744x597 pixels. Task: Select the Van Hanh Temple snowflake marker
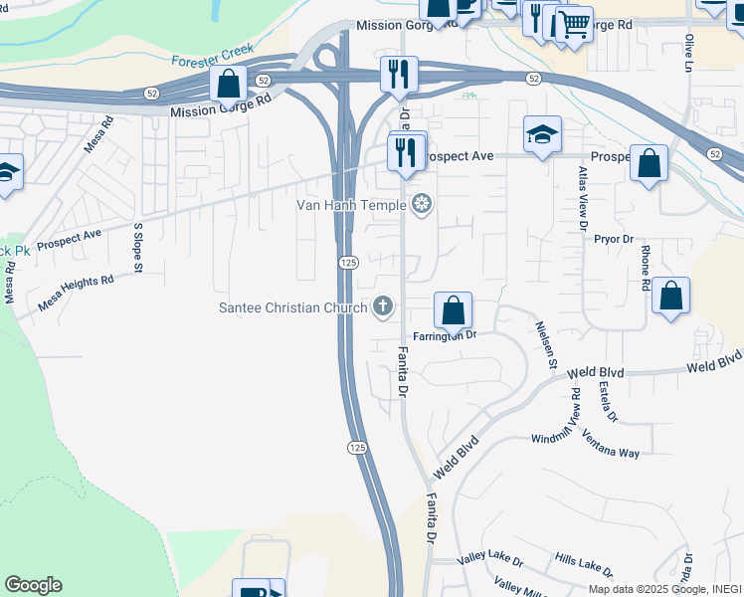(422, 205)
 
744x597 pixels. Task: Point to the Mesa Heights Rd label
(76, 294)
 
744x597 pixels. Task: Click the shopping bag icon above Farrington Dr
(453, 309)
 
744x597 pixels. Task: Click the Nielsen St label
(546, 344)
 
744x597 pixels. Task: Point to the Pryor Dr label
(613, 239)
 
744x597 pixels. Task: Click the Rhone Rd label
(646, 268)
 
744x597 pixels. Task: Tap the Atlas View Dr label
(583, 199)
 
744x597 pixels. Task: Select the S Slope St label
(138, 248)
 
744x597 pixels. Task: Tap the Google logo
(34, 585)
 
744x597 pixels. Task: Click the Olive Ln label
(688, 53)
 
